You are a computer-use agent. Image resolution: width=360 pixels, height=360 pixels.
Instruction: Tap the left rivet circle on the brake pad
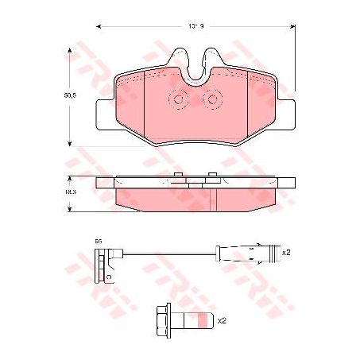tap(179, 99)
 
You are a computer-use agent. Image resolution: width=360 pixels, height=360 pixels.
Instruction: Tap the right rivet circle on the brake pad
tap(213, 99)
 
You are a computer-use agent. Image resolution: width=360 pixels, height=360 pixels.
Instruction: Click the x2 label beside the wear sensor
tap(286, 252)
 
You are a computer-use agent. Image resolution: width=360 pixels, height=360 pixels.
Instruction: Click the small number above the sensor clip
tap(99, 239)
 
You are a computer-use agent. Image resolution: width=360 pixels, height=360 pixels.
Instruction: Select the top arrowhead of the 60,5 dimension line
tap(72, 49)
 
